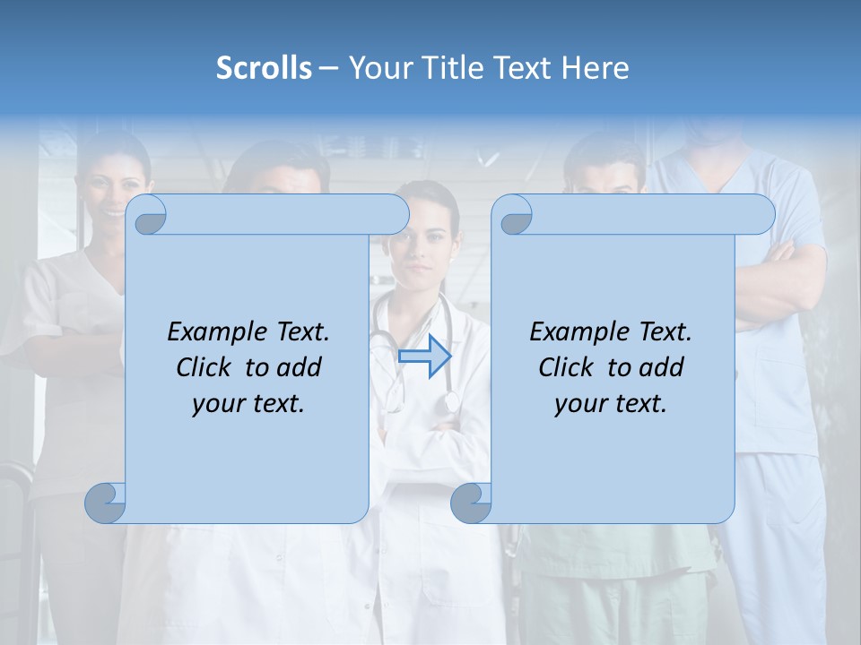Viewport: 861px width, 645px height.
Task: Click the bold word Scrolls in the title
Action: point(264,68)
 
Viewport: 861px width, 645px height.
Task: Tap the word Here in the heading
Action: point(595,68)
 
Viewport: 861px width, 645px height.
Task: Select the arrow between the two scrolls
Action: point(424,357)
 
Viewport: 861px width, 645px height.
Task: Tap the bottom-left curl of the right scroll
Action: point(472,503)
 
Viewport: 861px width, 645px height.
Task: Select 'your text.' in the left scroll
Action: point(248,403)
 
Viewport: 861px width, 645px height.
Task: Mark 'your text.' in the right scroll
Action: point(611,403)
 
